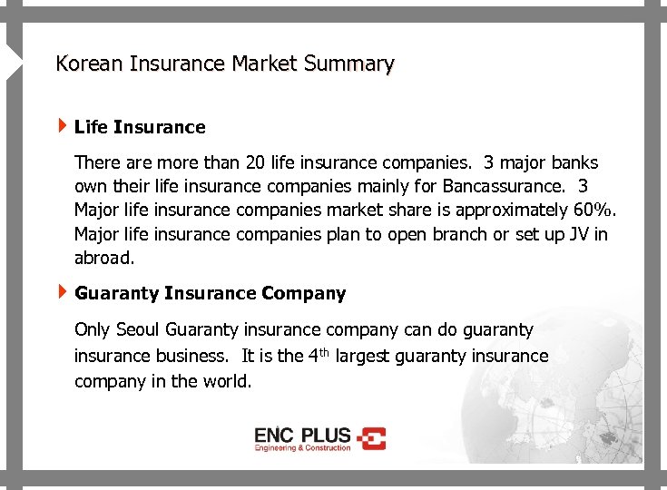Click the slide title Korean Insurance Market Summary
[x=224, y=64]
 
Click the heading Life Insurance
[x=140, y=127]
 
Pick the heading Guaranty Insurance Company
[x=210, y=293]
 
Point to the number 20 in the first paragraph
[x=255, y=163]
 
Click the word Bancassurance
[x=499, y=187]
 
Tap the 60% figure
[x=593, y=211]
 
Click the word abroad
[x=103, y=258]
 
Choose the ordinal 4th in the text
[x=316, y=355]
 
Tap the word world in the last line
[x=227, y=381]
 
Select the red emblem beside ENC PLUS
[x=371, y=438]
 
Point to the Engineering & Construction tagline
[x=302, y=448]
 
